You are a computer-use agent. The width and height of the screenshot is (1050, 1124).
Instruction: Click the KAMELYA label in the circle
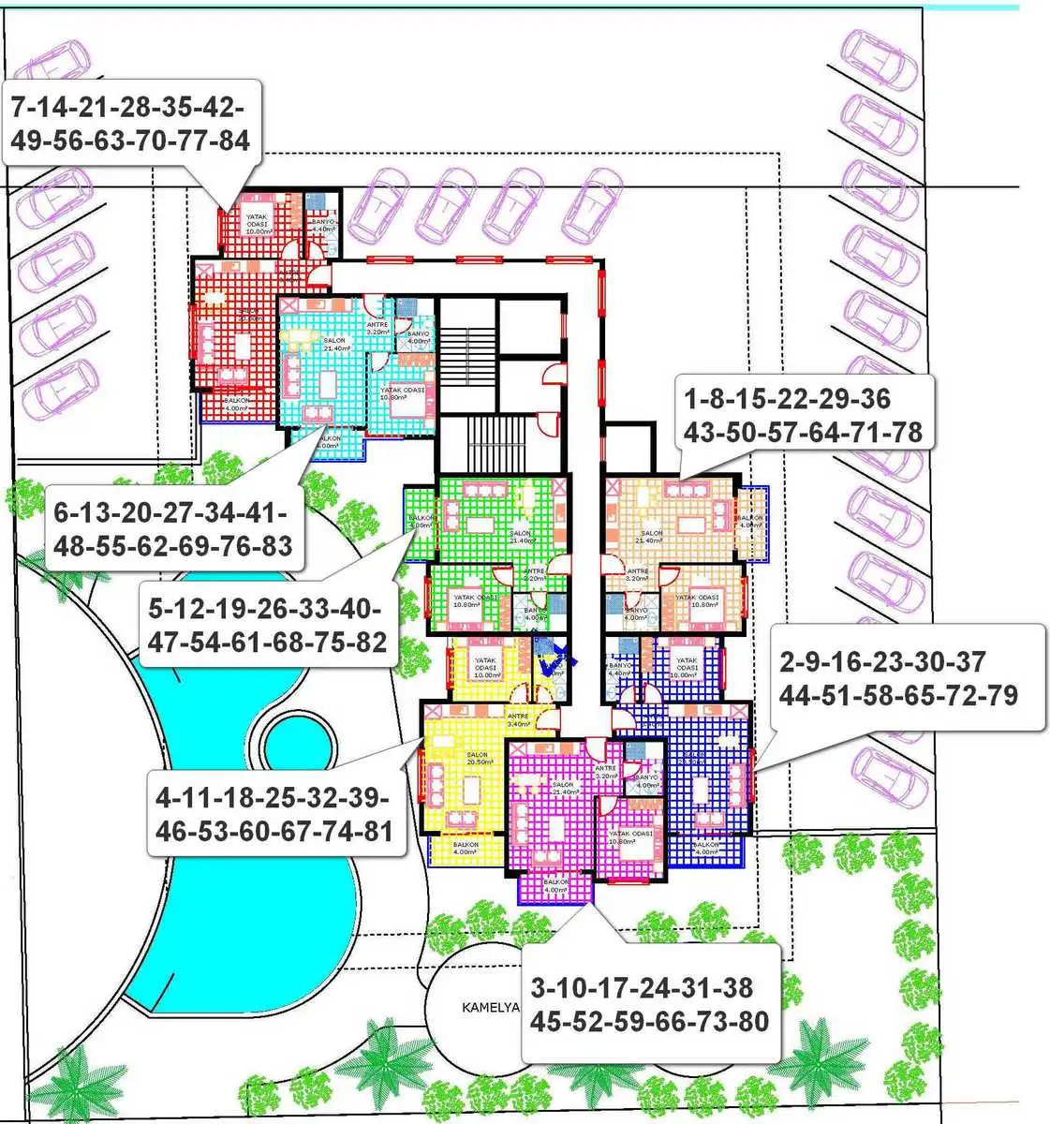tap(490, 1008)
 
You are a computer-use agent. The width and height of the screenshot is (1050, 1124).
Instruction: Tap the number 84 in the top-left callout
tap(230, 140)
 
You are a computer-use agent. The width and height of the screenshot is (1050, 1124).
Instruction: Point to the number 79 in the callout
tap(998, 696)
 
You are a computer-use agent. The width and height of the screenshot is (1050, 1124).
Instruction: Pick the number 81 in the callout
tap(373, 831)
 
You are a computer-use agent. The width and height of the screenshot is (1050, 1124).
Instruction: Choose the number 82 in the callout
tap(366, 643)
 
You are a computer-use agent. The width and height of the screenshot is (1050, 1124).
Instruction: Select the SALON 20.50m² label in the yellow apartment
tap(477, 759)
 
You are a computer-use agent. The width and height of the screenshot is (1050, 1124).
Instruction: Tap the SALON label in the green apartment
tap(521, 536)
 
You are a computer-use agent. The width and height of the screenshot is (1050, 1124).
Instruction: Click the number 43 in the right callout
tap(703, 433)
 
